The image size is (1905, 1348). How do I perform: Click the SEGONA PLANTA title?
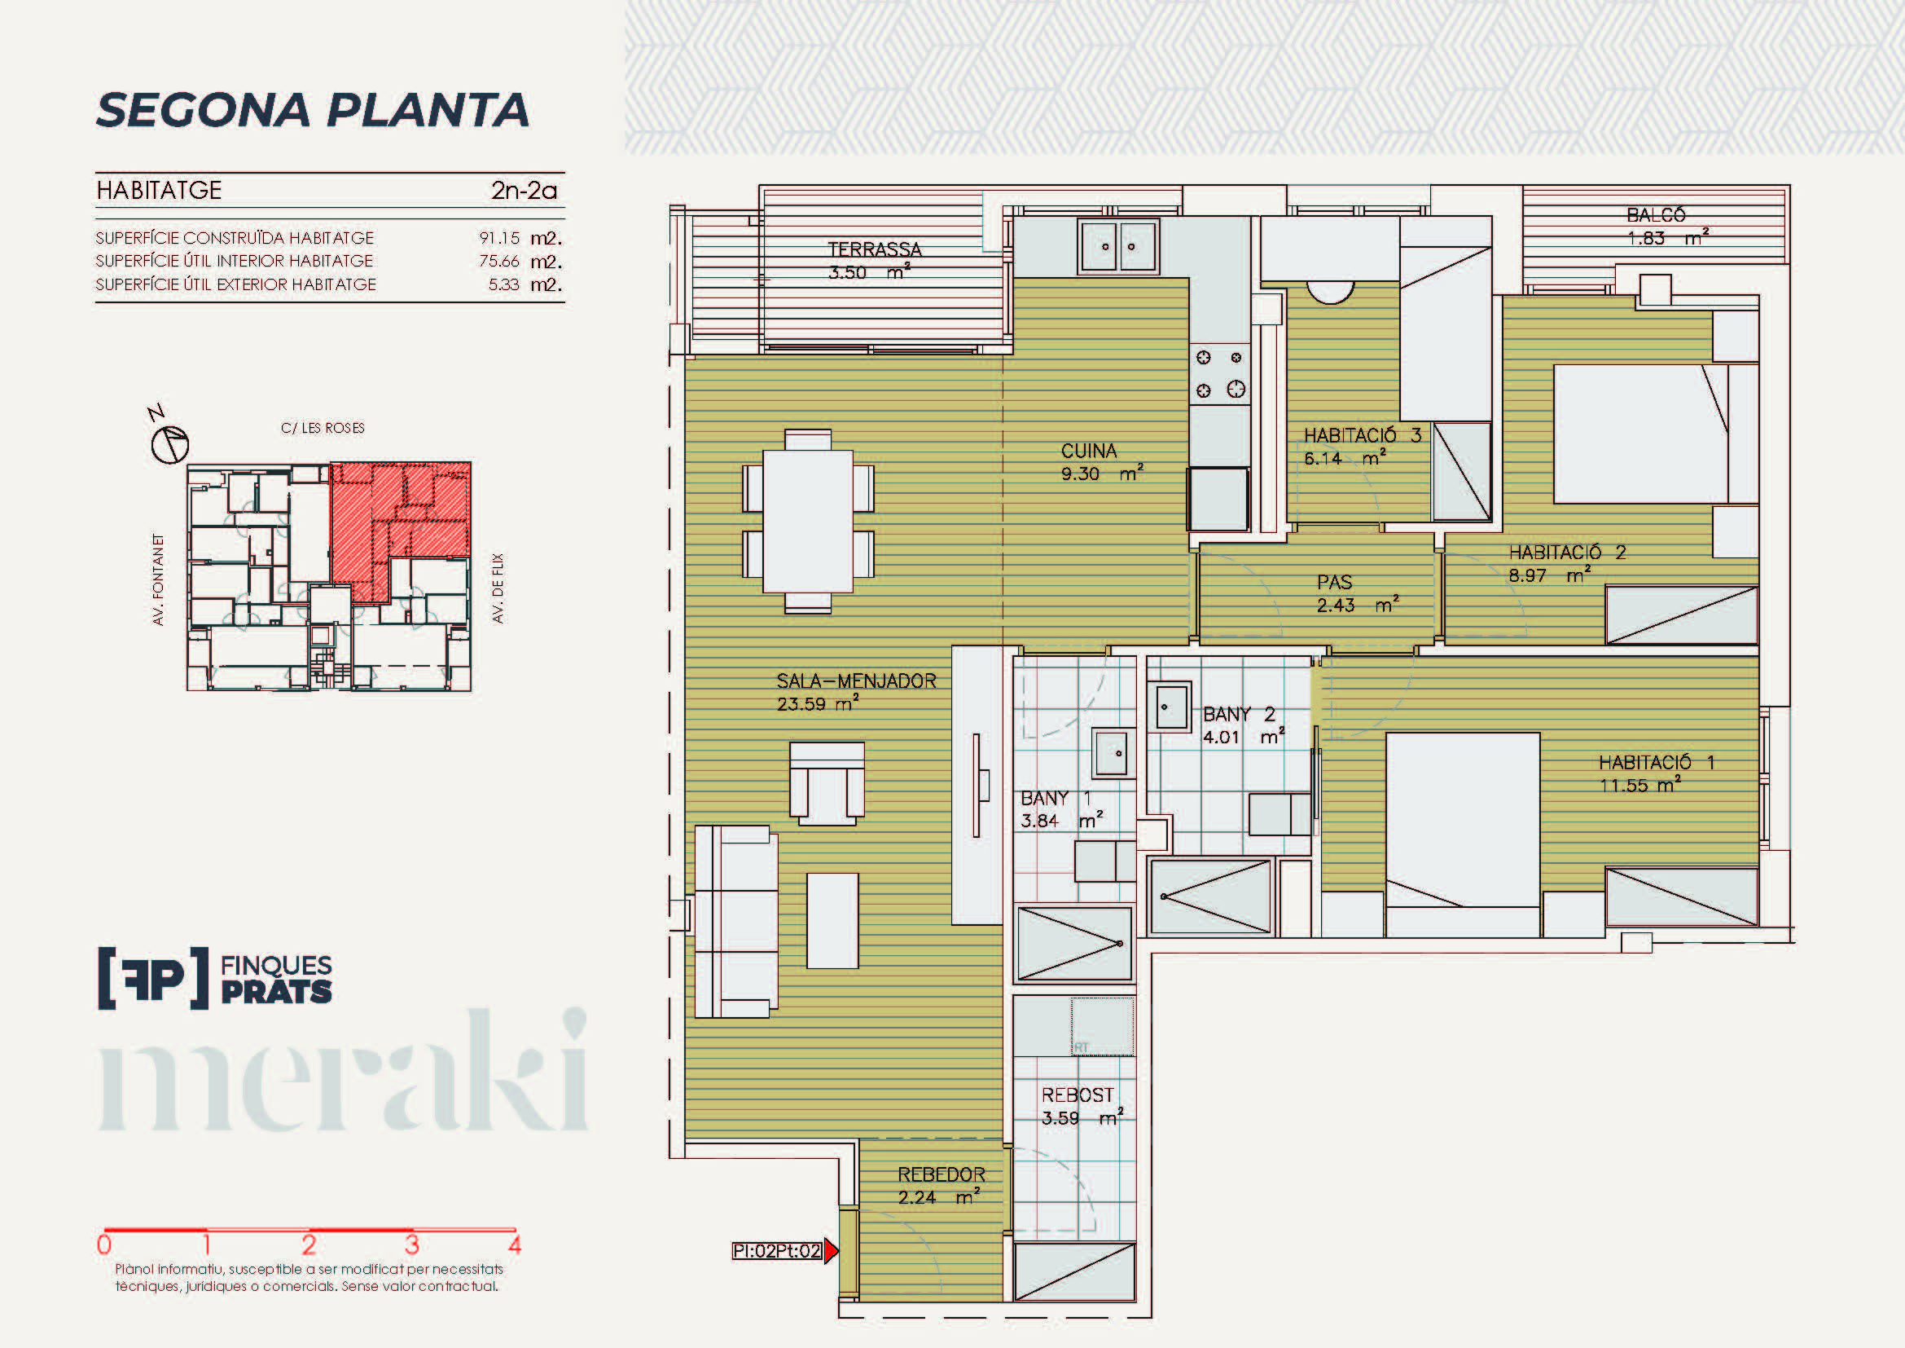[313, 110]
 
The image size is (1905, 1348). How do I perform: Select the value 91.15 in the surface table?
[499, 238]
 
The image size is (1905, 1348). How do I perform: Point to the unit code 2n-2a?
[525, 191]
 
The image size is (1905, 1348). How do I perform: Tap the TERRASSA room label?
[875, 249]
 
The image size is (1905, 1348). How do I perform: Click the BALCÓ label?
[1656, 215]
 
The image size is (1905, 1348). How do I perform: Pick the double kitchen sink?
[1118, 246]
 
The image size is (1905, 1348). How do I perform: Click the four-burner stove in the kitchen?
[1220, 373]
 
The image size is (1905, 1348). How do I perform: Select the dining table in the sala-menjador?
[808, 522]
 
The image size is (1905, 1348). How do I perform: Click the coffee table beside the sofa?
[832, 920]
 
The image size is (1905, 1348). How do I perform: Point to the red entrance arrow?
[832, 1251]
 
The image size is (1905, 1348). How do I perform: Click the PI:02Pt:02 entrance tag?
[777, 1251]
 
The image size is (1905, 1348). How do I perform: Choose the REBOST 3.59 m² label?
[1082, 1107]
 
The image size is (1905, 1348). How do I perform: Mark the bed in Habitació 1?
[1463, 835]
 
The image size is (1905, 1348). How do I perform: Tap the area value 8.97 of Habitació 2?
[1527, 575]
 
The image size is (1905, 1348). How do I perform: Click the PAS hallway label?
[1334, 583]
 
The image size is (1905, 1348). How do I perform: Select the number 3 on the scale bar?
[411, 1245]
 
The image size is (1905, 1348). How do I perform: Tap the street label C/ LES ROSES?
[323, 429]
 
